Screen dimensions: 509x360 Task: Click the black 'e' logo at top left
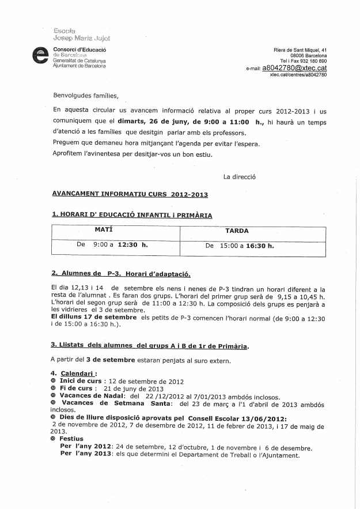(41, 57)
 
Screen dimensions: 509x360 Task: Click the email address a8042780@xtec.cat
(294, 67)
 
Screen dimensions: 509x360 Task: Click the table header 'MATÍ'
(103, 229)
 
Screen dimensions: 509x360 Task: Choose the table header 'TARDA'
(237, 230)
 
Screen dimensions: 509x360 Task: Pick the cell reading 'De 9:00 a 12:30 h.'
(112, 244)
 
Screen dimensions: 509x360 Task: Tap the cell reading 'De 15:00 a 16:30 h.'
(240, 245)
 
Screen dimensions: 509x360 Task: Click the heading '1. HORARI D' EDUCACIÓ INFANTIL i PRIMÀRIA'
(132, 215)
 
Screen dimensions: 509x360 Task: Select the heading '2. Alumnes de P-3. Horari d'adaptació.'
(120, 274)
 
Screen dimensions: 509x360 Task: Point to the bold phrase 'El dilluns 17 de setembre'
(94, 318)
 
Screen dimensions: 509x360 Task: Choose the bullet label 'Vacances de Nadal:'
(93, 397)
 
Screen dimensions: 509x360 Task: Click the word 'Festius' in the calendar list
(71, 438)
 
